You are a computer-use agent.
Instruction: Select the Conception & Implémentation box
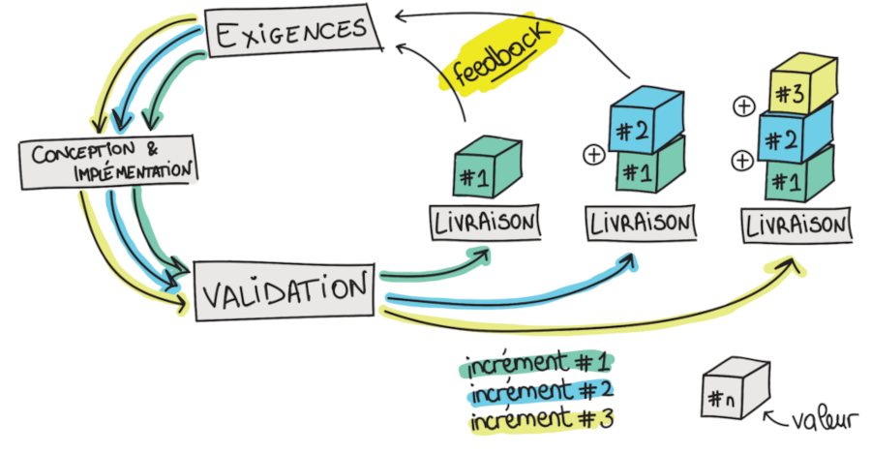tap(107, 161)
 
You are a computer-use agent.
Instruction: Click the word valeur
tap(822, 422)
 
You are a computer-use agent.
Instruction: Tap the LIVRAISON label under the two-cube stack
tap(640, 224)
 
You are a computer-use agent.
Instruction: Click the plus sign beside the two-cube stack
tap(593, 154)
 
